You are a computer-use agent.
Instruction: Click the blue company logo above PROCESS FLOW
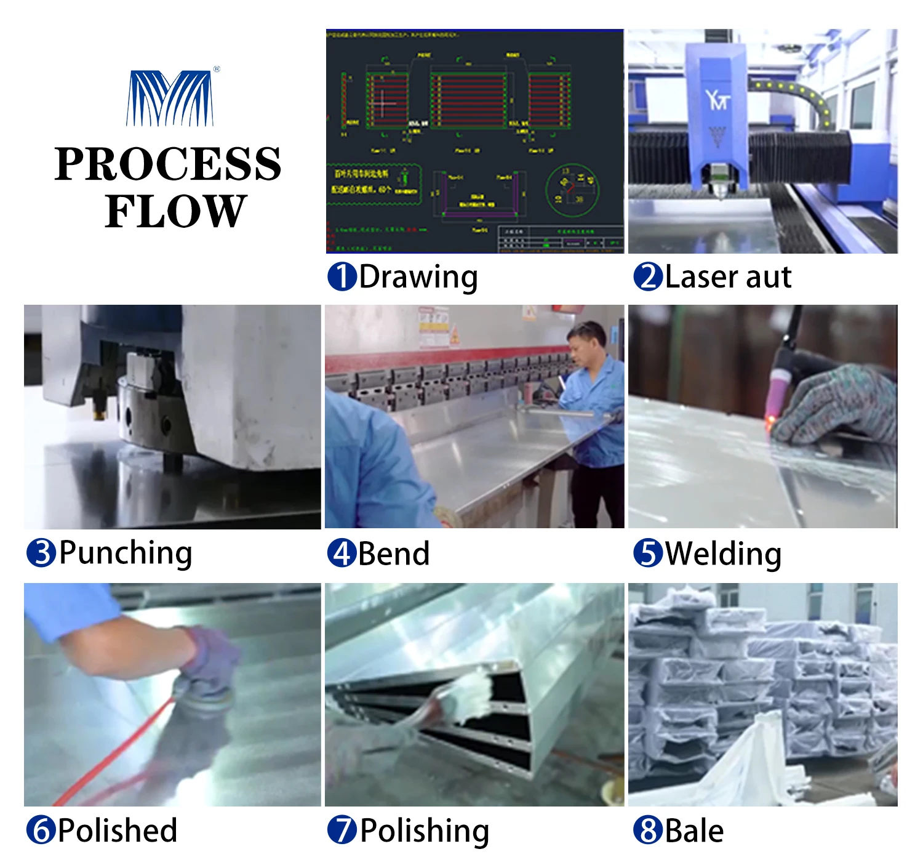click(170, 99)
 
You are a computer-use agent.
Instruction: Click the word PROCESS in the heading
click(168, 164)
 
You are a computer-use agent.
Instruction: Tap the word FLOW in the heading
click(175, 211)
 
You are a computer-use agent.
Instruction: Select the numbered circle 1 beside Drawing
click(342, 276)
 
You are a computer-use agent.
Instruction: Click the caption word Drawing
click(418, 277)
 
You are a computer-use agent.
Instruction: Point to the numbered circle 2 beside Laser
click(649, 276)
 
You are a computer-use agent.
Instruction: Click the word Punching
click(126, 553)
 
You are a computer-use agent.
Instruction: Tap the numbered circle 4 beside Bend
click(342, 553)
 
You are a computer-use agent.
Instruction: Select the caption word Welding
click(724, 553)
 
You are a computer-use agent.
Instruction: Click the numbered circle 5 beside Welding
click(649, 553)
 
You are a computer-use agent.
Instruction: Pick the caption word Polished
click(118, 830)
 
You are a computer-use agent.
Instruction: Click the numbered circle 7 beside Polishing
click(342, 830)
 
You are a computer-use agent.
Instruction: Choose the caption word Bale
click(695, 831)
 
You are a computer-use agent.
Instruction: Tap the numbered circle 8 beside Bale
click(649, 830)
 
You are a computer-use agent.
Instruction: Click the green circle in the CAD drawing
click(572, 189)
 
